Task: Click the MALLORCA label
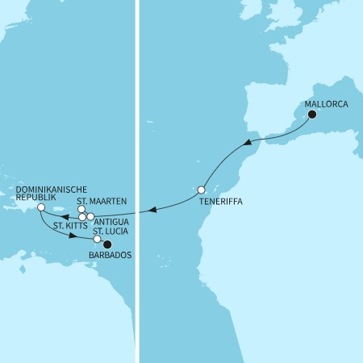coord(327,104)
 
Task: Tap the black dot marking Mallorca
coord(312,115)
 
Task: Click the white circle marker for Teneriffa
coord(202,190)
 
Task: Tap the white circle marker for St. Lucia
coord(98,240)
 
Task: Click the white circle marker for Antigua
coord(90,217)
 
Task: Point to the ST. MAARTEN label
coord(102,201)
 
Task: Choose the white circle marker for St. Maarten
coord(81,211)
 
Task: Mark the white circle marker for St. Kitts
coord(83,217)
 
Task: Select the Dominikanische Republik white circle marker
coord(40,208)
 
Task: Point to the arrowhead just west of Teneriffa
coord(152,211)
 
